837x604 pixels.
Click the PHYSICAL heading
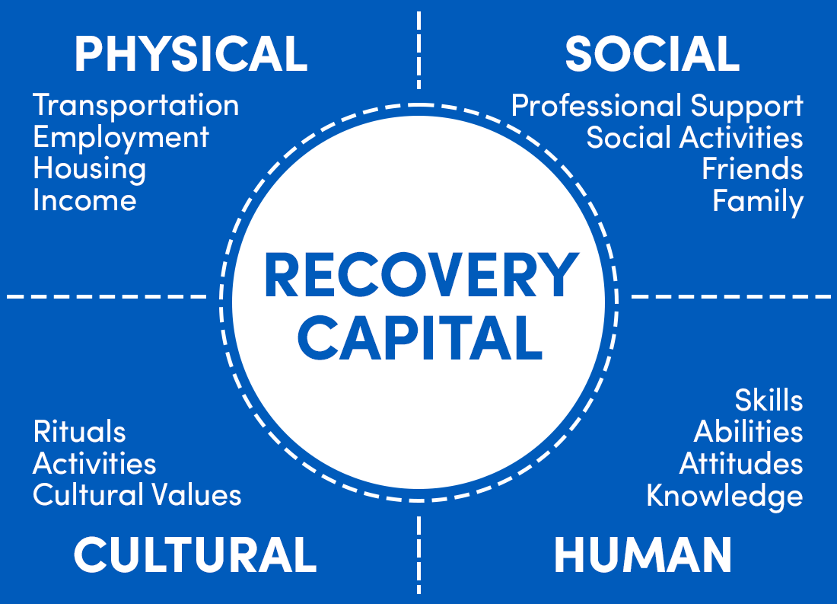tap(191, 54)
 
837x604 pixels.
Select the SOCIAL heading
tap(652, 54)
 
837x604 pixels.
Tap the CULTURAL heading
tap(195, 554)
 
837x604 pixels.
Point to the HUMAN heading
tap(643, 554)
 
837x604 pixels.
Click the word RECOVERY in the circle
tap(421, 276)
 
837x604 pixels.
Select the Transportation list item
tap(136, 105)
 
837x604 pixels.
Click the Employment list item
tap(121, 138)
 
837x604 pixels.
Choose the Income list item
tap(85, 201)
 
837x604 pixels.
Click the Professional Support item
tap(657, 106)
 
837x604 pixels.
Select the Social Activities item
tap(695, 138)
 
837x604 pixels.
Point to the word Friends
tap(752, 169)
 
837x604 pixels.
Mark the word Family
tap(758, 202)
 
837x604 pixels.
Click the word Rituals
tap(80, 432)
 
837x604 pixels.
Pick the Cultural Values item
tap(138, 495)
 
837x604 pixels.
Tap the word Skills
tap(769, 400)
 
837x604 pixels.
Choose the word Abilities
tap(748, 432)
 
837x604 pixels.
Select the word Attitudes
tap(741, 463)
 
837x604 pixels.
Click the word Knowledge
tap(724, 496)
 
